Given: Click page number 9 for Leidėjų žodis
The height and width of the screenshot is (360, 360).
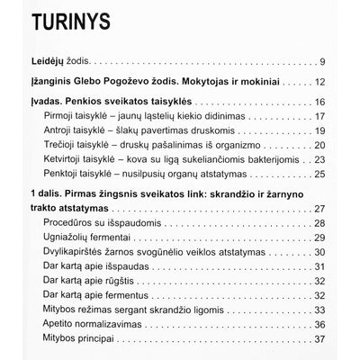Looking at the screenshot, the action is point(320,62).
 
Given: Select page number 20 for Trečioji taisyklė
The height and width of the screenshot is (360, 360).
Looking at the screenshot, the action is point(318,149).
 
